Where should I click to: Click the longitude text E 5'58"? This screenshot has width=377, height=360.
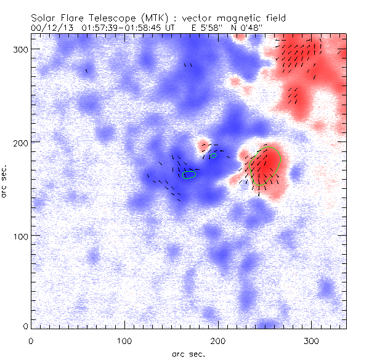tap(201, 28)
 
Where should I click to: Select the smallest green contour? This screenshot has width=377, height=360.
tap(213, 156)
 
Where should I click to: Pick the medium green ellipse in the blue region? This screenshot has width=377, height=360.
tap(190, 175)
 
